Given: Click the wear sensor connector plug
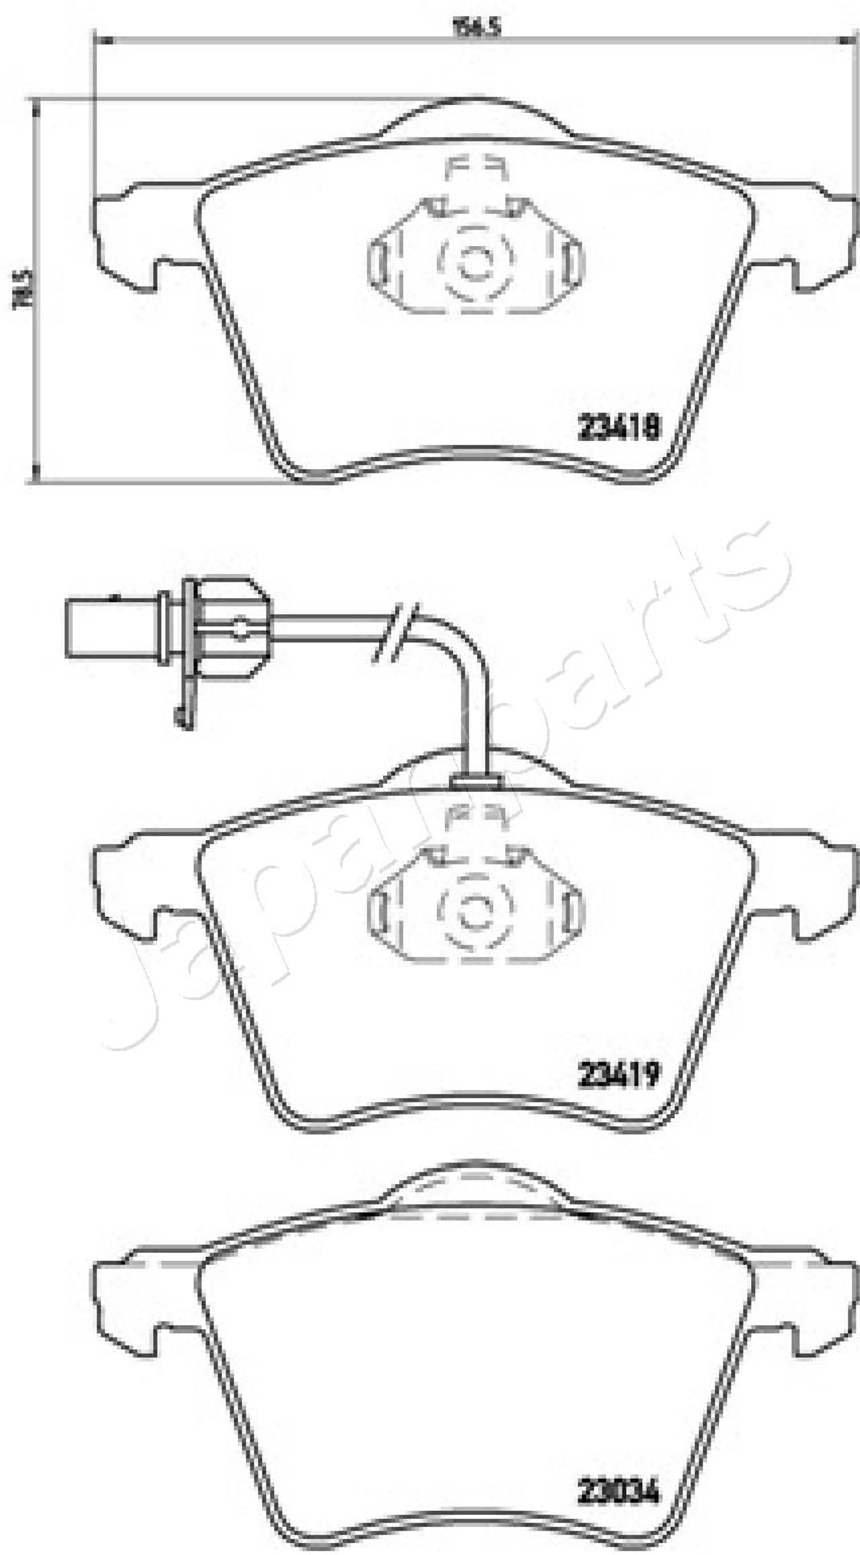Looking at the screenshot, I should tap(115, 628).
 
